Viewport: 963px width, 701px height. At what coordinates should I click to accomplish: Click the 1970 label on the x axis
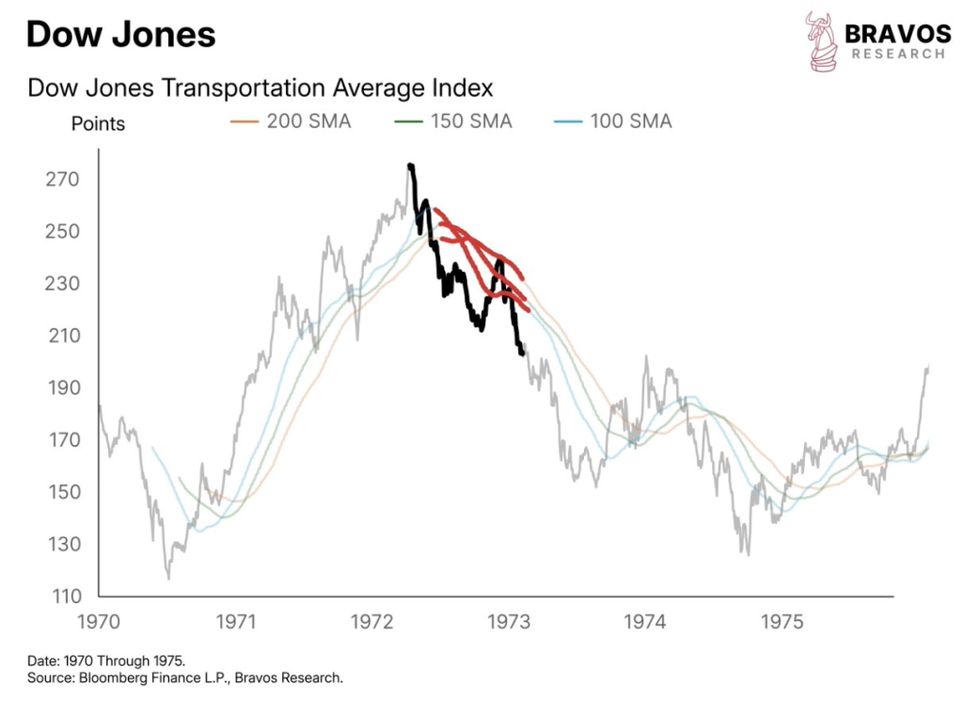click(100, 622)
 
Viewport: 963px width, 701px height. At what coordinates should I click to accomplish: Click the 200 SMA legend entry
click(291, 121)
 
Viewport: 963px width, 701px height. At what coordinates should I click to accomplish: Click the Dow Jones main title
click(121, 36)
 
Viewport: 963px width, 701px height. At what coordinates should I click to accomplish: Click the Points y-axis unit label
click(98, 123)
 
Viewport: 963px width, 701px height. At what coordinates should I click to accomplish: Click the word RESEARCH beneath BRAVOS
click(897, 55)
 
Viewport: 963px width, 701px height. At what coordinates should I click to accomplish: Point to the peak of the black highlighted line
click(410, 166)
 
